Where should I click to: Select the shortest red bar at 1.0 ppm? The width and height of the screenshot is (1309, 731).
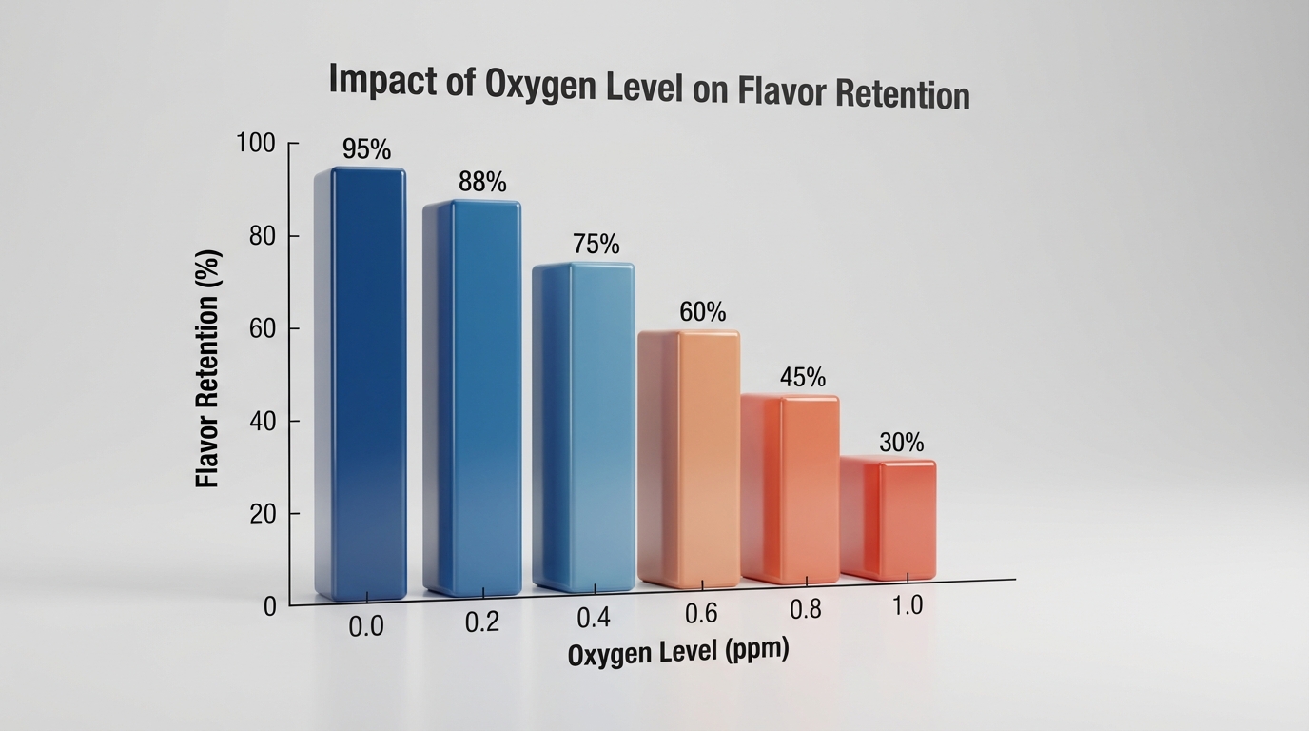(x=889, y=519)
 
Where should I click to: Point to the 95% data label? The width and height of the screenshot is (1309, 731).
(x=366, y=149)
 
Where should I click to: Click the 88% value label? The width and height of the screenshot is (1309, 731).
(x=482, y=182)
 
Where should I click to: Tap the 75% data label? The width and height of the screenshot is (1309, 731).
(x=596, y=245)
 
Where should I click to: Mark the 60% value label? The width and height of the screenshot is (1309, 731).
(x=703, y=311)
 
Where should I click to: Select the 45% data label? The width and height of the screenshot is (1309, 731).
(x=803, y=377)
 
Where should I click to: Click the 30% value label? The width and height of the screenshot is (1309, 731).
(x=901, y=442)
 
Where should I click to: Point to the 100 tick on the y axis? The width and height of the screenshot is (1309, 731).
(x=255, y=144)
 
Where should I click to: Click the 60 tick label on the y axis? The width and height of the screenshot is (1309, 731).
(x=261, y=329)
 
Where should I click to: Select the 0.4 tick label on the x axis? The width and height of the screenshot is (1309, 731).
(x=594, y=618)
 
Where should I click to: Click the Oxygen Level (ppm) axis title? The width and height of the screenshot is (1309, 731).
(x=678, y=653)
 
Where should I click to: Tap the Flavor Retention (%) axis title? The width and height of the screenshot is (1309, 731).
(x=208, y=368)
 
